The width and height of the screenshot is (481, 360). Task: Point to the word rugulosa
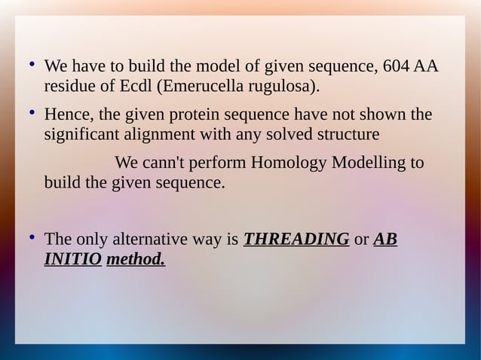coord(281,86)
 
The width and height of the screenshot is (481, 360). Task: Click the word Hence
coord(66,115)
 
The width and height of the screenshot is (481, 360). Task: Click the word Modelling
coord(361,163)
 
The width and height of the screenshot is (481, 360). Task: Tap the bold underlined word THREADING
coord(296,239)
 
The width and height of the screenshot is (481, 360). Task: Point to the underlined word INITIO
coord(73,260)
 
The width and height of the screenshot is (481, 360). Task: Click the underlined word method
coord(136,260)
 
